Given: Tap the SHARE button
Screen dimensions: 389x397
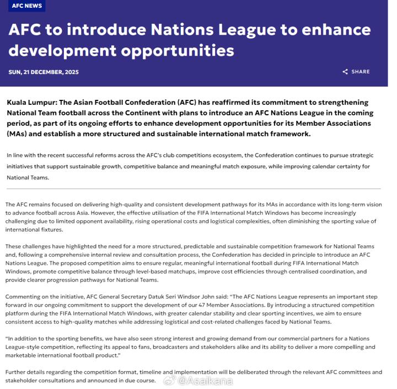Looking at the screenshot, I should [x=361, y=72].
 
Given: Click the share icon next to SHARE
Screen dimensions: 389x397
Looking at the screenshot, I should [x=345, y=72].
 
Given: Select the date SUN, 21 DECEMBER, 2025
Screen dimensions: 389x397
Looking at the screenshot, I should [x=44, y=72].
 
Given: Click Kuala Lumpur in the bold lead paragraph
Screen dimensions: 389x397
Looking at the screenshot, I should [x=30, y=103].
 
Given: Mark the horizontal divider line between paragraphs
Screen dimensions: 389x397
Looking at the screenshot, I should [x=194, y=189].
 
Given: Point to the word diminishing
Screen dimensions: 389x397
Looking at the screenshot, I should [x=301, y=221].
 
